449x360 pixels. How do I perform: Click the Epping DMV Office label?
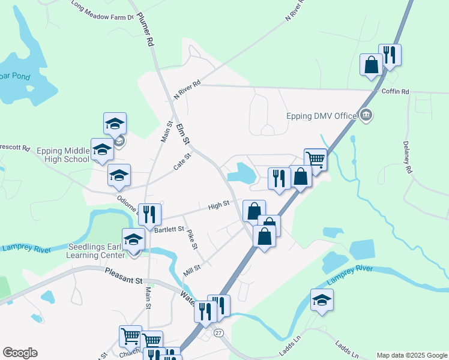pyautogui.click(x=322, y=115)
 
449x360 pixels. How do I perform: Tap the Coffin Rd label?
pyautogui.click(x=395, y=91)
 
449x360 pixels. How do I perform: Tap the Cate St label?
pyautogui.click(x=182, y=163)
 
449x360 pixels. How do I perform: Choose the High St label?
pyautogui.click(x=218, y=206)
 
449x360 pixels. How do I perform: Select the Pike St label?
pyautogui.click(x=191, y=239)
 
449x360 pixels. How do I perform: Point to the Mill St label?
pyautogui.click(x=192, y=268)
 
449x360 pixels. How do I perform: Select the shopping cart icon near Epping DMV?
pyautogui.click(x=315, y=160)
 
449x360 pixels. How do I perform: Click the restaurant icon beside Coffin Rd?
pyautogui.click(x=390, y=56)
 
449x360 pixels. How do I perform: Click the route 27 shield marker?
pyautogui.click(x=218, y=333)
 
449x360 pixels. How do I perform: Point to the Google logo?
pyautogui.click(x=20, y=353)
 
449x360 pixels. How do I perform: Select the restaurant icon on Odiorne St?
pyautogui.click(x=149, y=214)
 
